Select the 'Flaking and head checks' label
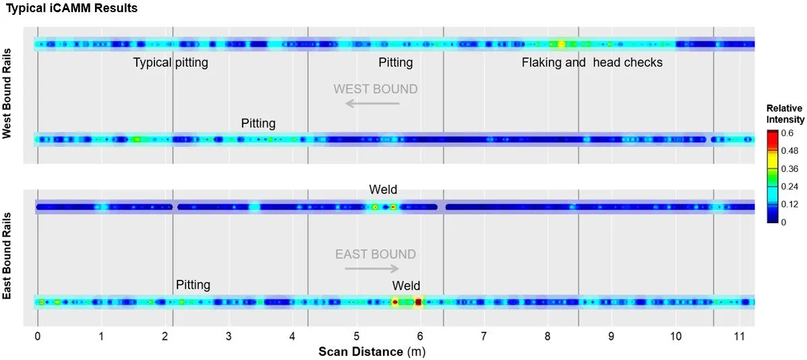point(592,63)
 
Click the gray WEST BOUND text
point(376,89)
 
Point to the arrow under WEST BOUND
point(372,104)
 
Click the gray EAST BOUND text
point(376,254)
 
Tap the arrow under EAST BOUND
point(371,268)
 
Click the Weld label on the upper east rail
point(383,191)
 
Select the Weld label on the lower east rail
point(406,285)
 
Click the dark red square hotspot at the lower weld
point(419,302)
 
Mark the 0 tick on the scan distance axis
point(38,336)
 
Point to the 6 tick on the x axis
point(420,336)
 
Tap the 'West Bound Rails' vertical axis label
point(8,96)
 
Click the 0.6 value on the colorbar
point(788,131)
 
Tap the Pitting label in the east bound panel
point(193,284)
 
